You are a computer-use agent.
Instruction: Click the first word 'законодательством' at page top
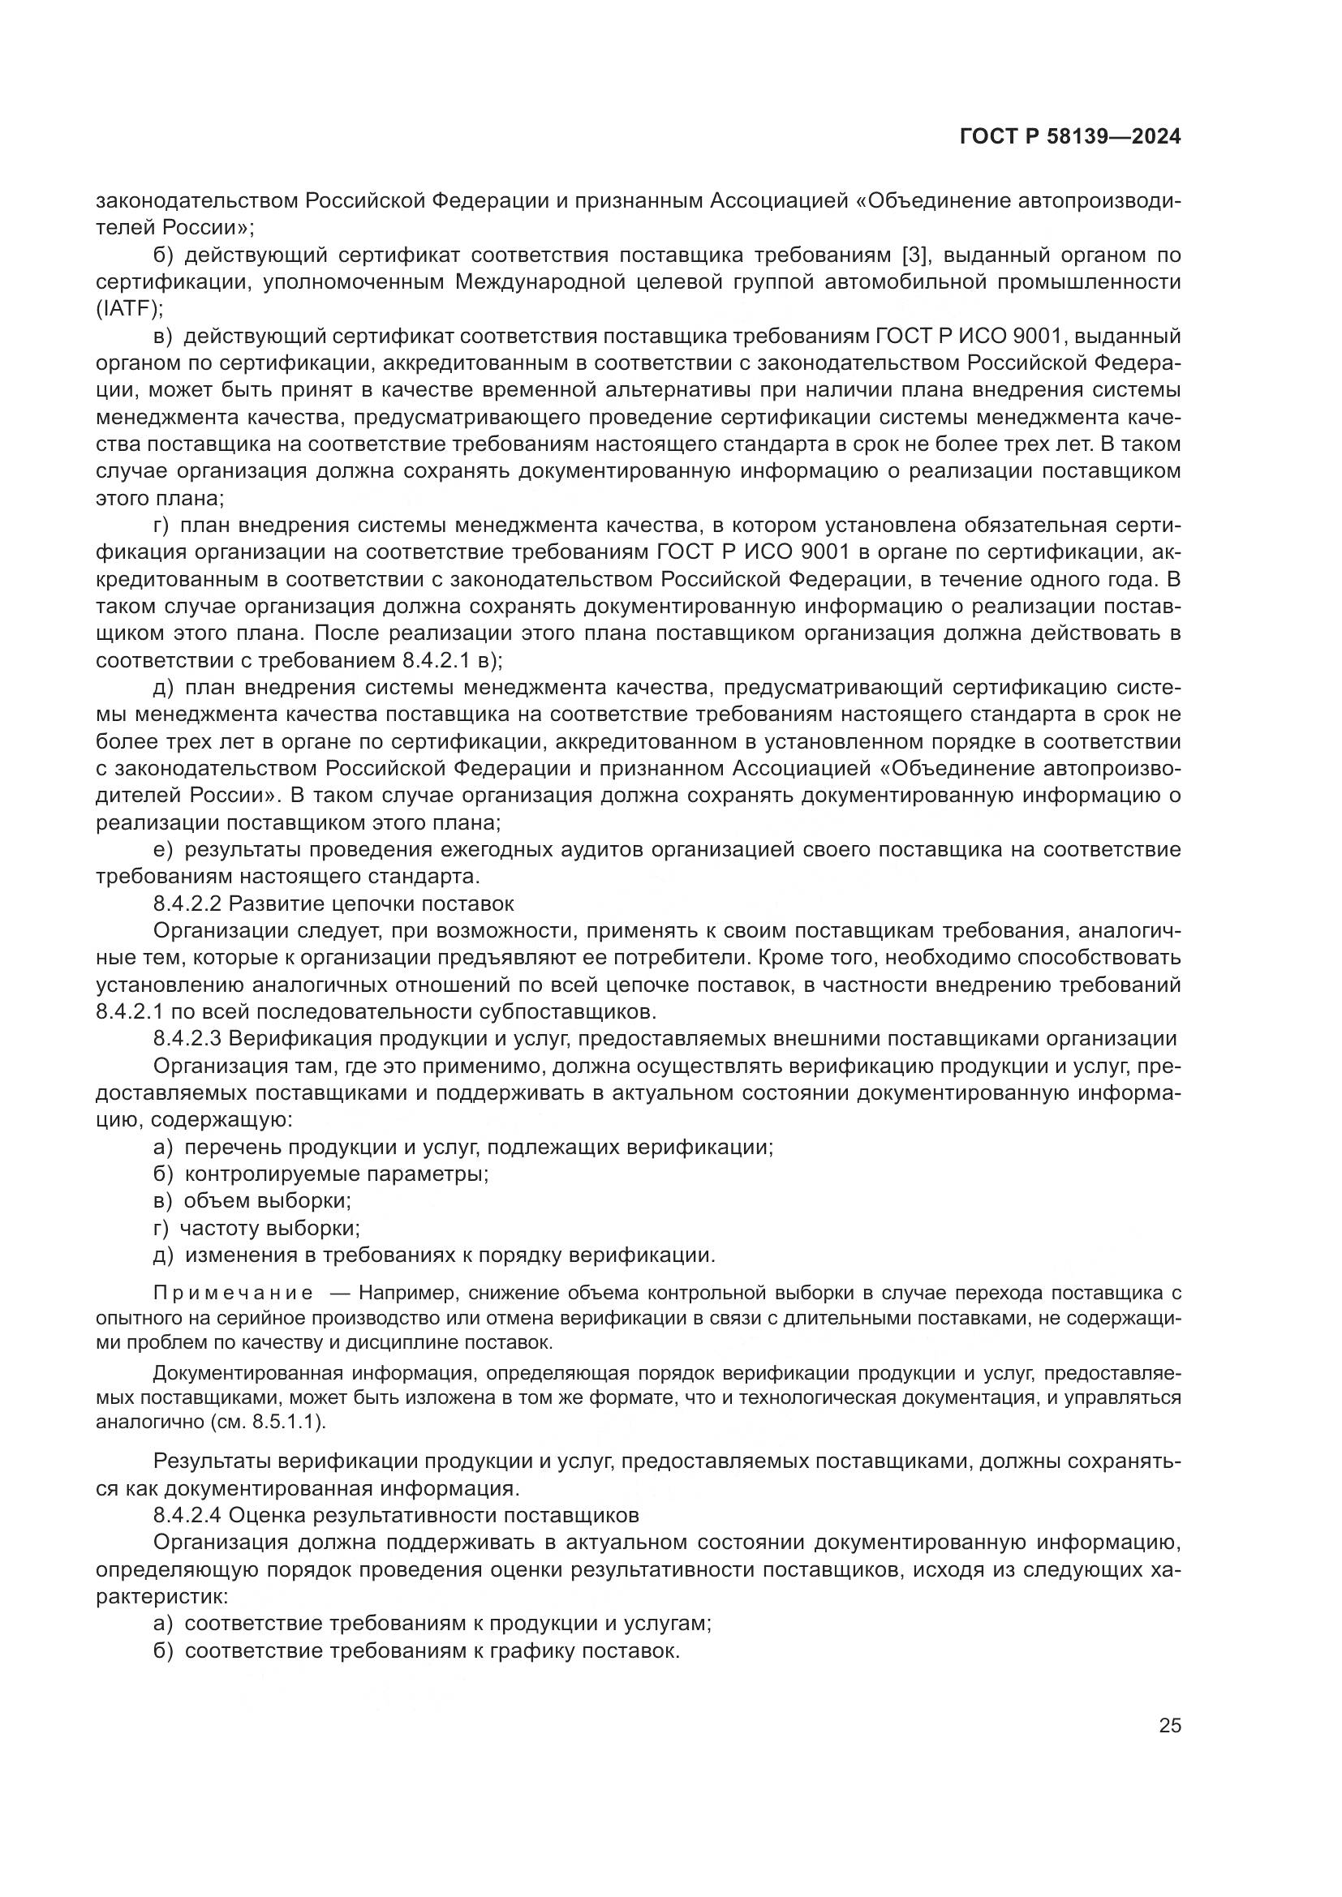click(x=197, y=201)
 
